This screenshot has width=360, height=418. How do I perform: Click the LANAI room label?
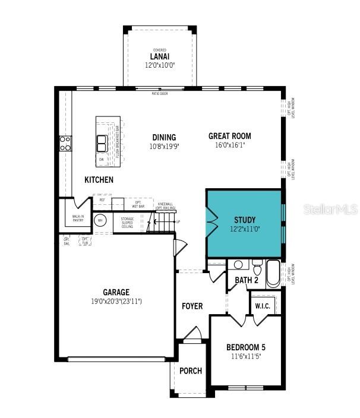[x=159, y=56]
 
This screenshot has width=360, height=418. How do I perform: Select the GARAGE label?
[x=116, y=292]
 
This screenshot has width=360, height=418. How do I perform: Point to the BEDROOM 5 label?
[x=246, y=347]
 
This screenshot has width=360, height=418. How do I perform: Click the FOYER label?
[x=192, y=306]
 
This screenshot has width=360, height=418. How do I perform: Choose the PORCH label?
[x=191, y=371]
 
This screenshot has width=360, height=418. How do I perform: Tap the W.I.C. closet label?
[x=263, y=306]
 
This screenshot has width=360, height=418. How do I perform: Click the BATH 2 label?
[x=247, y=280]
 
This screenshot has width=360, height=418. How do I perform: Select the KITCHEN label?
[x=99, y=179]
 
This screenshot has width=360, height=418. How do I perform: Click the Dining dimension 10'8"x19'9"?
[x=165, y=145]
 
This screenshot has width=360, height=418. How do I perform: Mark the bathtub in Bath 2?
[x=273, y=274]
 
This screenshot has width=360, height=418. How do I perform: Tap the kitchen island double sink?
[x=102, y=144]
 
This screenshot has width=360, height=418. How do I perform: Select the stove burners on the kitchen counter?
[x=65, y=143]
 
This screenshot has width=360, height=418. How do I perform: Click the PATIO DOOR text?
[x=160, y=93]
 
